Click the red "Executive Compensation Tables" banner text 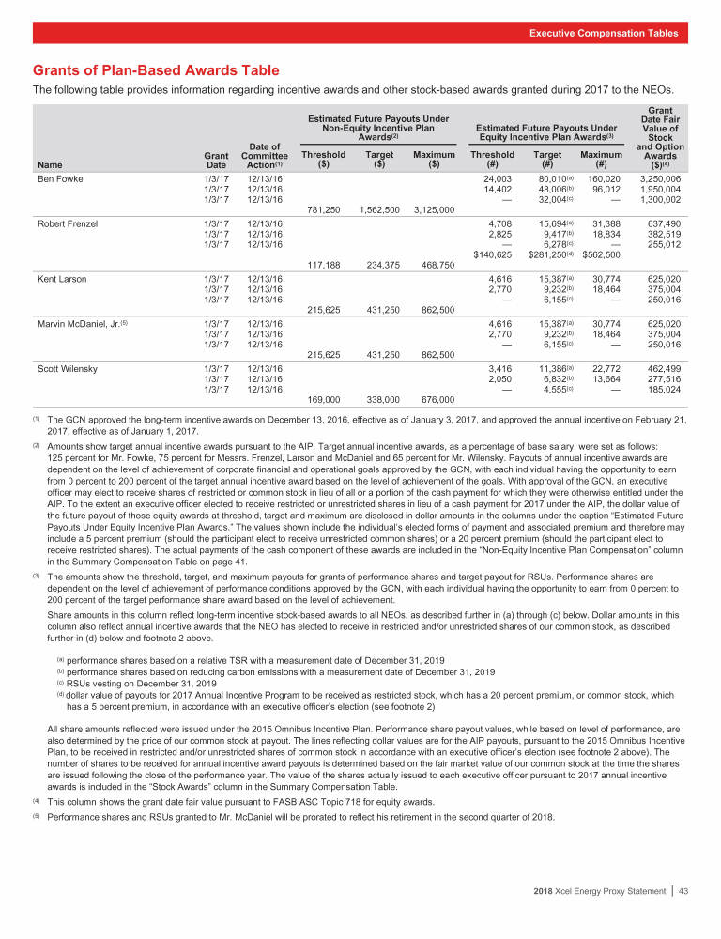pyautogui.click(x=603, y=33)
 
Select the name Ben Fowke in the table pyautogui.click(x=59, y=177)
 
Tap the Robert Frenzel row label pyautogui.click(x=68, y=223)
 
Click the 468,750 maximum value pyautogui.click(x=434, y=265)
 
